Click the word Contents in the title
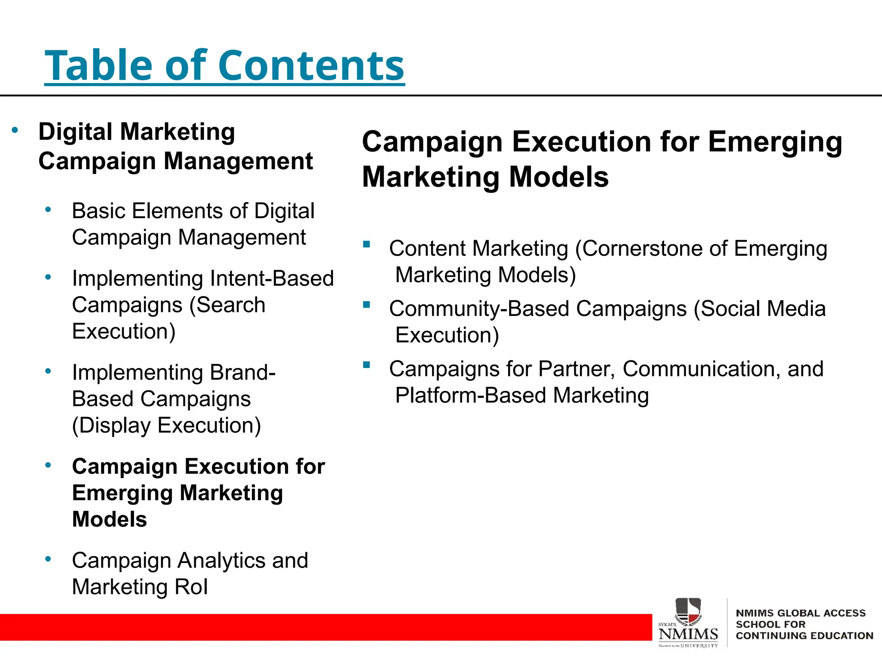[x=311, y=66]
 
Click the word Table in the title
[x=98, y=66]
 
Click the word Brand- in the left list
[x=242, y=373]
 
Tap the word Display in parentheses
[x=114, y=426]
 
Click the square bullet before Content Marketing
[x=367, y=245]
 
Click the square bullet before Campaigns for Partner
[x=367, y=365]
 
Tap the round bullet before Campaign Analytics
[x=48, y=559]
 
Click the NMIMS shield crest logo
[x=688, y=610]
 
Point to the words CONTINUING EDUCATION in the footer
[x=804, y=636]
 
